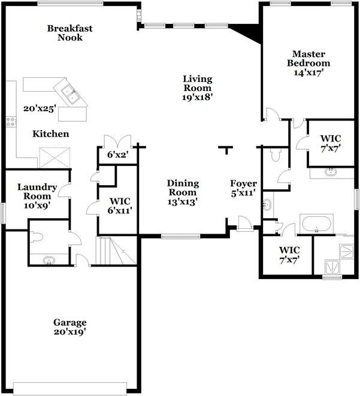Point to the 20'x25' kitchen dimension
pyautogui.click(x=39, y=109)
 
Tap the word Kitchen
pyautogui.click(x=50, y=134)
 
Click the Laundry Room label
pyautogui.click(x=37, y=196)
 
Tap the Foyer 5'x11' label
pyautogui.click(x=244, y=188)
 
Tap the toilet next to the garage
pyautogui.click(x=36, y=235)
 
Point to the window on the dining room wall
pyautogui.click(x=180, y=237)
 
